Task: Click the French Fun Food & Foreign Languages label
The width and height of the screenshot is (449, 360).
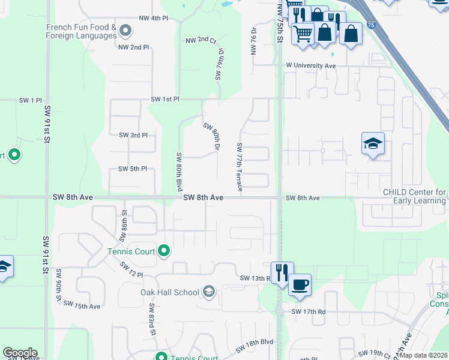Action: (81, 31)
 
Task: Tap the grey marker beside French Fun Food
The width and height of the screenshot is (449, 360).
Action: (125, 29)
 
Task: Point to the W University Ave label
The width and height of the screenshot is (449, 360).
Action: (311, 65)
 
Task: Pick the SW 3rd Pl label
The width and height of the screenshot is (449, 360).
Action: (133, 135)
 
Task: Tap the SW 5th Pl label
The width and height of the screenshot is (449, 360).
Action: (133, 169)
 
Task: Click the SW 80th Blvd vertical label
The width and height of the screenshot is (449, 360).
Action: (179, 172)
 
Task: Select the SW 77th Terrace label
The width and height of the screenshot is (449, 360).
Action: (240, 167)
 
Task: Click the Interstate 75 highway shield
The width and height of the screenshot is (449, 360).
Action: (372, 25)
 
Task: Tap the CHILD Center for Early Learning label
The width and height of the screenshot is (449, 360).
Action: (415, 196)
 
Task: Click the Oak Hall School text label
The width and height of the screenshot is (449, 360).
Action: (170, 292)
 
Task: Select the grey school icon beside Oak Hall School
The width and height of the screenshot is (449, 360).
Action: (209, 292)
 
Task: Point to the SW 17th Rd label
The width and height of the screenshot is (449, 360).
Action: (309, 312)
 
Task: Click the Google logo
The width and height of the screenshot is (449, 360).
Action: (20, 353)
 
